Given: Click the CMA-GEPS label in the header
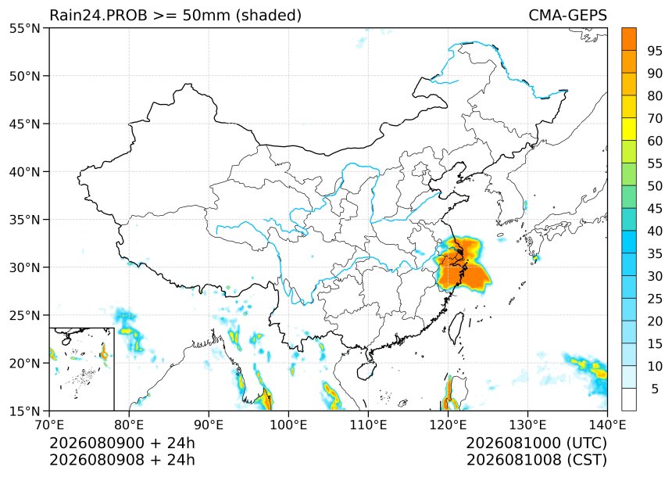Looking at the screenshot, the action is (x=567, y=15).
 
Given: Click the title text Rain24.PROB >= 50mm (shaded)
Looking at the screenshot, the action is (x=175, y=16).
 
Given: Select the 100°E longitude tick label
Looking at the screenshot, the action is (x=288, y=425).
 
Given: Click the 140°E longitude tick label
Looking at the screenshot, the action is (x=607, y=425).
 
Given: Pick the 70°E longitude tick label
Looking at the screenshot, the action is (x=49, y=425).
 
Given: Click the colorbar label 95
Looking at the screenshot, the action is (x=655, y=51).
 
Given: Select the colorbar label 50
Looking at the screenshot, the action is (x=655, y=186).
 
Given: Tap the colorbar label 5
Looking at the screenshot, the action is (x=655, y=389).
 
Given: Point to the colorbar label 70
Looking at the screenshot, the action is (x=655, y=118).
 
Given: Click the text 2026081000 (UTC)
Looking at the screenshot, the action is (x=537, y=443).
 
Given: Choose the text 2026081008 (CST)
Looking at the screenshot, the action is (x=537, y=460).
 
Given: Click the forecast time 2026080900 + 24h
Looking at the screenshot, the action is (x=122, y=443).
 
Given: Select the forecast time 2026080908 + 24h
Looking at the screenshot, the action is (x=122, y=460).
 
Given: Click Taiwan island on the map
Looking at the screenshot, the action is (x=456, y=328).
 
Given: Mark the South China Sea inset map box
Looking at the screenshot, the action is (x=82, y=369).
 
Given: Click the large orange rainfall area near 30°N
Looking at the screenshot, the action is (x=463, y=266).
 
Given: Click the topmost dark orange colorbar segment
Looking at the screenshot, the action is (x=629, y=39).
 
